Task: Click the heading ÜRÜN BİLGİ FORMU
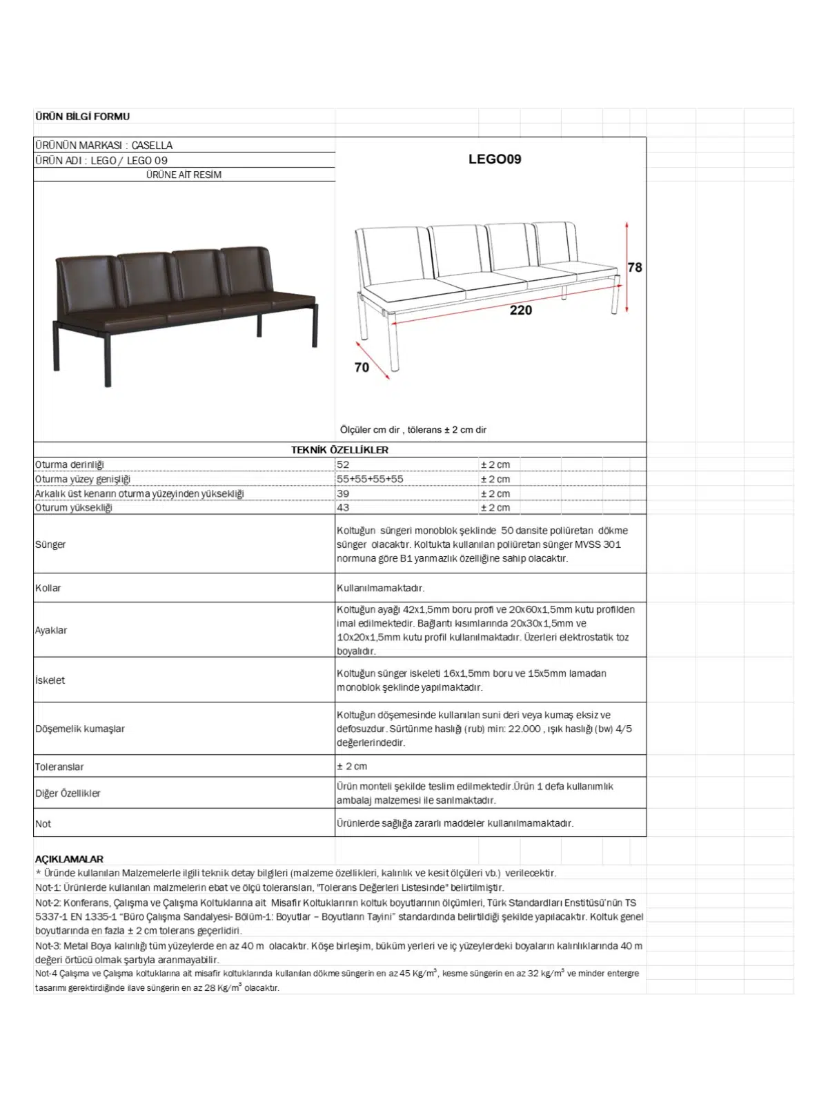82,117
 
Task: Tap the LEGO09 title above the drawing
495,159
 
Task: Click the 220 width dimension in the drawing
521,310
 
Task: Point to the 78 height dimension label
635,268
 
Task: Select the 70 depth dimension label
362,368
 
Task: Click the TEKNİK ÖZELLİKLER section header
339,450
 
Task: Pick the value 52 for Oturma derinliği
343,465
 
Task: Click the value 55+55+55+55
370,479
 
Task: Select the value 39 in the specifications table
343,493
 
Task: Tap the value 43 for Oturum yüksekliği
343,508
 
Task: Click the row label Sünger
50,544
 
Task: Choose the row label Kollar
48,589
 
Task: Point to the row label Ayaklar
51,631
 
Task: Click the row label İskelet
50,680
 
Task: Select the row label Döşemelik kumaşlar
80,729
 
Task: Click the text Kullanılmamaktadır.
380,589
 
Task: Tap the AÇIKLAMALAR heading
69,859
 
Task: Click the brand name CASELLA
152,146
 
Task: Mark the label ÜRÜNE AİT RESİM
184,175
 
